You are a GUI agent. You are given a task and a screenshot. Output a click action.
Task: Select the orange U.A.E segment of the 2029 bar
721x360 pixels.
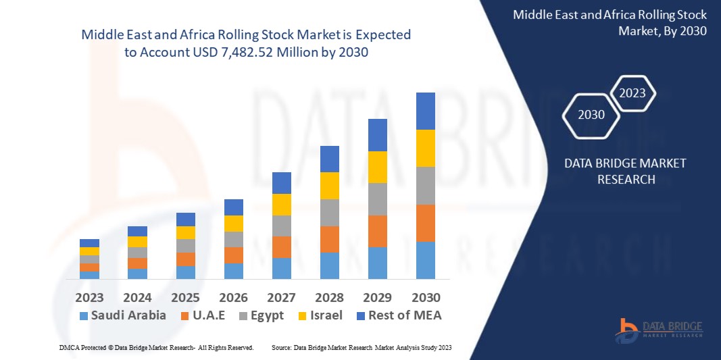[377, 231]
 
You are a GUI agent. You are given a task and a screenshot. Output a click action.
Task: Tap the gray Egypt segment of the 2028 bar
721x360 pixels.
[329, 212]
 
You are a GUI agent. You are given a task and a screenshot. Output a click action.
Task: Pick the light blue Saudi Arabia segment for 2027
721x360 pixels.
[281, 268]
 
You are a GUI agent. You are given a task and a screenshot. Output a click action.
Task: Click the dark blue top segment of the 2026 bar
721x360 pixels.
[233, 207]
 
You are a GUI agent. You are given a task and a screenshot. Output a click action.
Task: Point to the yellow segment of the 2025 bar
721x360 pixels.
[185, 232]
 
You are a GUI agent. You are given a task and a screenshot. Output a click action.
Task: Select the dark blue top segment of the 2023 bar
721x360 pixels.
[89, 243]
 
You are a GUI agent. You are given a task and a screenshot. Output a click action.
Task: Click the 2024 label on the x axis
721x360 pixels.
[137, 297]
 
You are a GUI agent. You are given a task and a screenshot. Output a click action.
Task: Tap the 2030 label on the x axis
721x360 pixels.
[426, 297]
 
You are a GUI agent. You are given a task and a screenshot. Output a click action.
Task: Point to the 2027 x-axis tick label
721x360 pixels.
[281, 297]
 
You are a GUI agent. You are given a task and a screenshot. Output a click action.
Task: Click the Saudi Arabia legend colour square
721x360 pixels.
[84, 315]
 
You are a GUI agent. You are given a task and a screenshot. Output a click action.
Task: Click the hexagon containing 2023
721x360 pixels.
[632, 93]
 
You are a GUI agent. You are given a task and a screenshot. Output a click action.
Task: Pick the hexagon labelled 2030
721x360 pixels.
[591, 115]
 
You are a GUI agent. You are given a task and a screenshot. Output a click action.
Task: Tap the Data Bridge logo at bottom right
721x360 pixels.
[659, 330]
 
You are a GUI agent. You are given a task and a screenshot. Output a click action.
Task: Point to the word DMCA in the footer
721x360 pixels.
[68, 347]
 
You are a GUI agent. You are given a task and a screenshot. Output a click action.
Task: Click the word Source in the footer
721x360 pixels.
[280, 347]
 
